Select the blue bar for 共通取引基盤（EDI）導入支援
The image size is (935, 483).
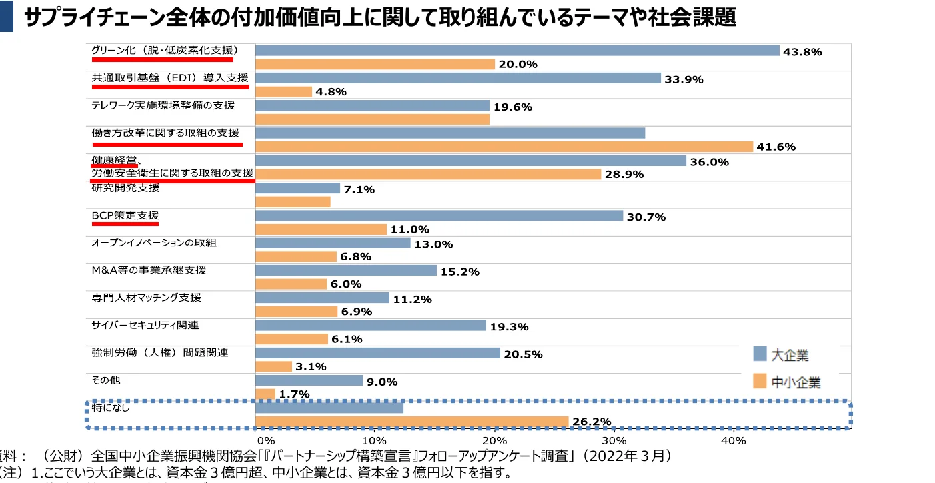(457, 78)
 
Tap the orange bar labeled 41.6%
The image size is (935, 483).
(504, 147)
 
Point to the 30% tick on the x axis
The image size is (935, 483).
(614, 441)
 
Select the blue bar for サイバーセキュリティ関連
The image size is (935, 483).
(370, 326)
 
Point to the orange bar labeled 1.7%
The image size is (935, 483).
(265, 394)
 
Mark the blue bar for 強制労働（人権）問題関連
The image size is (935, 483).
(377, 353)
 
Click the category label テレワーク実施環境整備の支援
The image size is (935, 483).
(163, 105)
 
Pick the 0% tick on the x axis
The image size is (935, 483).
(265, 441)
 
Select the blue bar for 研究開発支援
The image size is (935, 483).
(297, 189)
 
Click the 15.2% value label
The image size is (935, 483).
(460, 271)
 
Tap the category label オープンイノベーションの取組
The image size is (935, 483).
(153, 243)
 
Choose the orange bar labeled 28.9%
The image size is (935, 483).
(427, 174)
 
